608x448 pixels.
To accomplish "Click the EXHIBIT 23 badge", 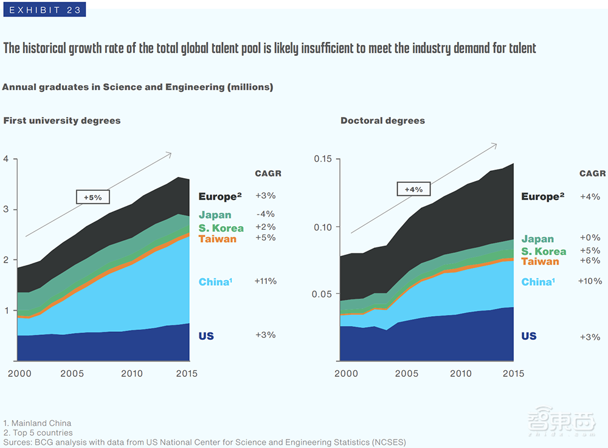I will [x=44, y=10].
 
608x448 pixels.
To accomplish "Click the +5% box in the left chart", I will [x=92, y=196].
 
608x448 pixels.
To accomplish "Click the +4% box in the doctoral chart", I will [x=413, y=189].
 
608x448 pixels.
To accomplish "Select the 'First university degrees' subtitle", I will [x=62, y=120].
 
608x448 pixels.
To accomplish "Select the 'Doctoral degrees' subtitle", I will [x=382, y=120].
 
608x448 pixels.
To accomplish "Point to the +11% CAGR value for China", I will [x=266, y=281].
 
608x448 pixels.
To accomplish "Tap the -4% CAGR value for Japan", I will [x=266, y=214].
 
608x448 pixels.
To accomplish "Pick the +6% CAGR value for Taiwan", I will [x=590, y=261].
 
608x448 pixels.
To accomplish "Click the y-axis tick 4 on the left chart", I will [x=6, y=159].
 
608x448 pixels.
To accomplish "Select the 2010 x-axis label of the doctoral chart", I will [x=460, y=373].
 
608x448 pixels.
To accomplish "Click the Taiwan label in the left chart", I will [x=218, y=239].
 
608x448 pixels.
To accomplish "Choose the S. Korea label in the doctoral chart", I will [x=544, y=251].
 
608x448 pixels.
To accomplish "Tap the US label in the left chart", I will [x=206, y=336].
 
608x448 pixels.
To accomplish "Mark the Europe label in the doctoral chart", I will [x=543, y=197].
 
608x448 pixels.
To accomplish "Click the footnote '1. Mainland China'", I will [x=37, y=423].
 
